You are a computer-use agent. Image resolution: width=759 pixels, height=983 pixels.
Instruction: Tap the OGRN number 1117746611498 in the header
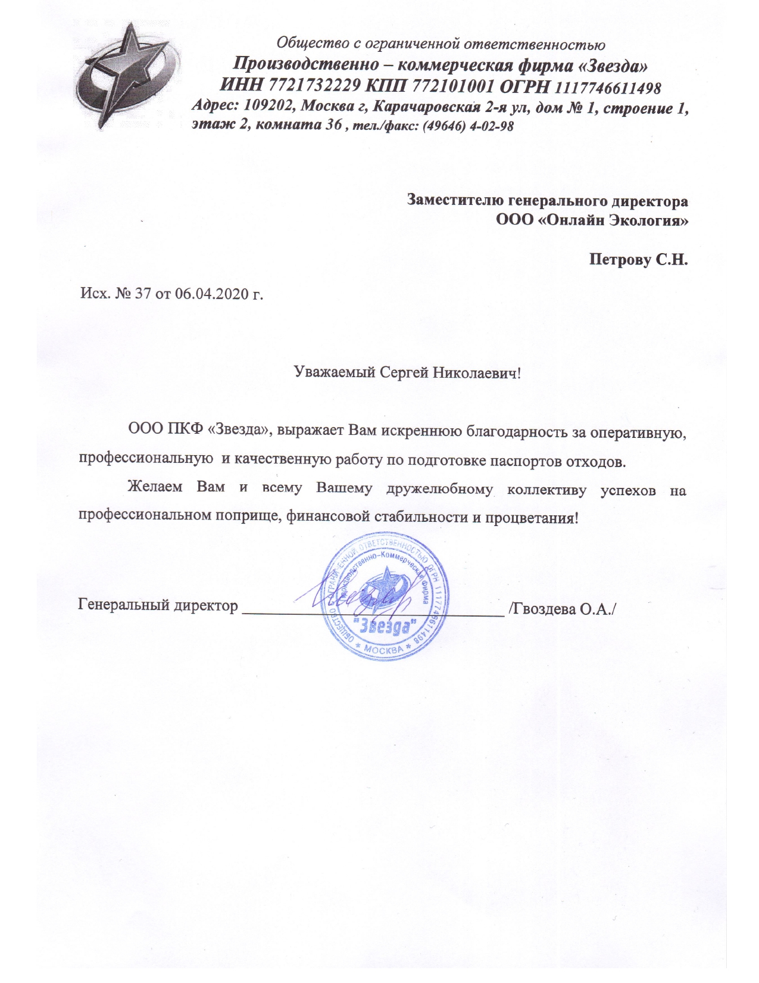pyautogui.click(x=608, y=88)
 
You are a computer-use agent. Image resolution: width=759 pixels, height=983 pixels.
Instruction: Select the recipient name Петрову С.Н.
pyautogui.click(x=638, y=260)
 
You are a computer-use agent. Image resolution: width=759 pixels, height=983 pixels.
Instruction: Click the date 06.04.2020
pyautogui.click(x=212, y=294)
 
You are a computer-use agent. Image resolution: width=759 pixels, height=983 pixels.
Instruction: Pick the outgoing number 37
pyautogui.click(x=143, y=294)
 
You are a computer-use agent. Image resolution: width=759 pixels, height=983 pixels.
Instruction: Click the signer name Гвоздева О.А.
pyautogui.click(x=562, y=609)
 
